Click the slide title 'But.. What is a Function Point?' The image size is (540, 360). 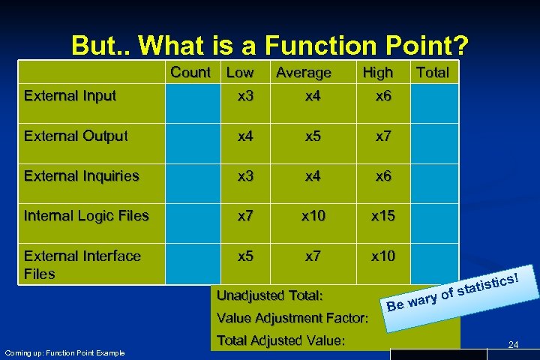(270, 46)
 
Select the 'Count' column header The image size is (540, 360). (190, 73)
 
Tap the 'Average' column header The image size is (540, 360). (303, 73)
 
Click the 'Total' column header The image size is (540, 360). (432, 73)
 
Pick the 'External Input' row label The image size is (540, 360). (70, 95)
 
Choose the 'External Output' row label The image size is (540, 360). (76, 136)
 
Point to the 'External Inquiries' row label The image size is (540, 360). (82, 176)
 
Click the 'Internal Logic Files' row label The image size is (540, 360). (86, 216)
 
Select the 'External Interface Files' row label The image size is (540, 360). (82, 265)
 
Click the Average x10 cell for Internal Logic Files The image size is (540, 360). (314, 216)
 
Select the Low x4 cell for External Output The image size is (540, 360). (244, 136)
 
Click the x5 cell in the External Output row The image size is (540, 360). (314, 136)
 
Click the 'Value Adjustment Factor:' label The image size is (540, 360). (291, 318)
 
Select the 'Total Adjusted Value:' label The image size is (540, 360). (280, 340)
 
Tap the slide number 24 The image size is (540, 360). (513, 344)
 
